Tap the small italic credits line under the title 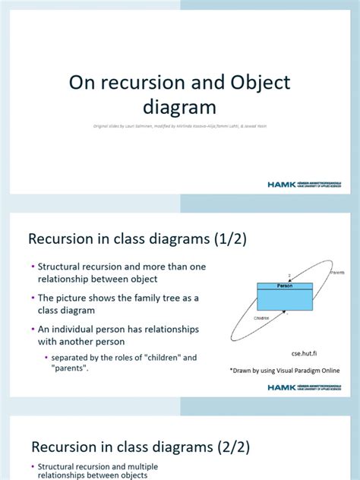click(180, 127)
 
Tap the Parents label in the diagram click(338, 272)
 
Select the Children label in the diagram click(262, 318)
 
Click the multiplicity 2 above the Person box click(289, 276)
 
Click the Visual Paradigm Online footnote click(285, 370)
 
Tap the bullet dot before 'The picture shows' click(33, 298)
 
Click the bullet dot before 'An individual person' click(33, 330)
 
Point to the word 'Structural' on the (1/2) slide click(63, 267)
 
